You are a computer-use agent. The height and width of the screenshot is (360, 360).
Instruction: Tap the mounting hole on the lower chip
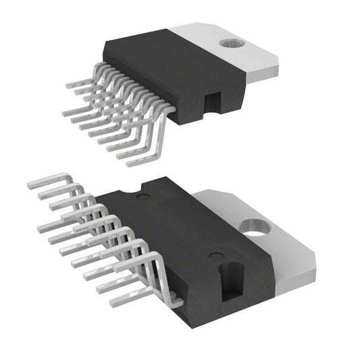pyautogui.click(x=255, y=237)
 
